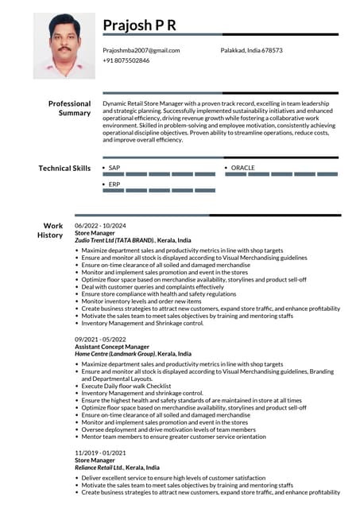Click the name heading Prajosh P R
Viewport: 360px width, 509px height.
139,26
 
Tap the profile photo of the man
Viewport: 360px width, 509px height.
64,45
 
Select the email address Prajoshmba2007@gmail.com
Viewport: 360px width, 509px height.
141,50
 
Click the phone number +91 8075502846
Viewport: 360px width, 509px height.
126,60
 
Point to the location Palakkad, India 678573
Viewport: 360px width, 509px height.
251,50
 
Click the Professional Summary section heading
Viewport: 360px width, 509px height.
70,108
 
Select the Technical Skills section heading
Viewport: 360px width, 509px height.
64,168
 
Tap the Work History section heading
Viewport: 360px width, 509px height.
53,231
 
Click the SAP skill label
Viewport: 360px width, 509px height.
114,168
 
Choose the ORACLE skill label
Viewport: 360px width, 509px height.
242,168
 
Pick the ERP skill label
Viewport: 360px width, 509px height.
114,184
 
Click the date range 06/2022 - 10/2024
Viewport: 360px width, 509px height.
100,226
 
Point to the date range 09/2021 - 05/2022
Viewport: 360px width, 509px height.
100,340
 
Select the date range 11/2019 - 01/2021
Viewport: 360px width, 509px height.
100,453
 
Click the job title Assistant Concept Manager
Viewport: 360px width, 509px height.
111,347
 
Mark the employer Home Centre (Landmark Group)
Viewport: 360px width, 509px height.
114,353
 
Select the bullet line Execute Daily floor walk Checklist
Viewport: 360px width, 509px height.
130,385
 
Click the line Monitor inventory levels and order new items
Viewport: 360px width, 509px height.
141,301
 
